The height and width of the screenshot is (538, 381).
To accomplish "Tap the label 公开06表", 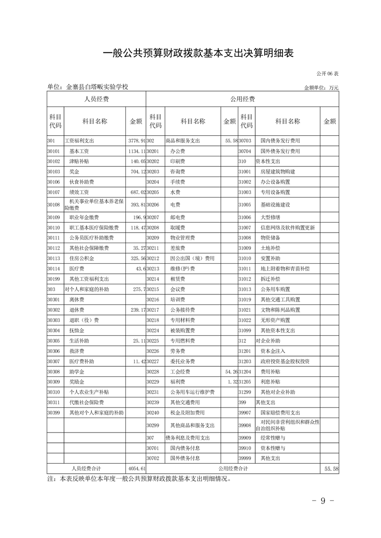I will [327, 74].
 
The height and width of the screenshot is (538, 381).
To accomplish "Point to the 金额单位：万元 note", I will [321, 88].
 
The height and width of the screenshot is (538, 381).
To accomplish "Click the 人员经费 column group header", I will [96, 99].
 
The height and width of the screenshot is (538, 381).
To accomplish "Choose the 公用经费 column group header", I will [242, 99].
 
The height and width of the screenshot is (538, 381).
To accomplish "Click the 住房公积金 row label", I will [82, 258].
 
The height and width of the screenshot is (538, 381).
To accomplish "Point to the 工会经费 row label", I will [180, 372].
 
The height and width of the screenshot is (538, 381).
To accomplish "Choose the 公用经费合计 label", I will [233, 468].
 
